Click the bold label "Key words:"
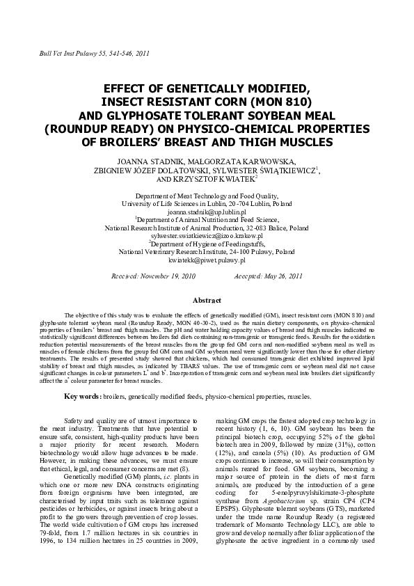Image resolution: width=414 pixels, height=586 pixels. point(82,397)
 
